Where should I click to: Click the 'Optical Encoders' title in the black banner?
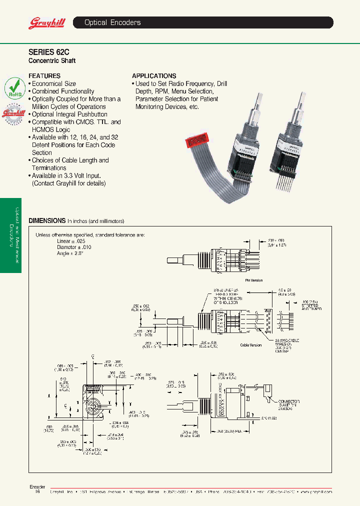pyautogui.click(x=112, y=22)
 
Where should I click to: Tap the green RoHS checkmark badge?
pyautogui.click(x=15, y=88)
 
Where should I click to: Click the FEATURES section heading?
pyautogui.click(x=44, y=76)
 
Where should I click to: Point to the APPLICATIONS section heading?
pyautogui.click(x=154, y=76)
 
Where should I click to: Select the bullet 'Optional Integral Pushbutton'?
pyautogui.click(x=69, y=114)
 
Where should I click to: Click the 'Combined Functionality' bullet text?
pyautogui.click(x=63, y=91)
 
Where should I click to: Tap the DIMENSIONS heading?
pyautogui.click(x=47, y=220)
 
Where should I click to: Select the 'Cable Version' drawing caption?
pyautogui.click(x=251, y=345)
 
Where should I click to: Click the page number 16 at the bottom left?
pyautogui.click(x=37, y=492)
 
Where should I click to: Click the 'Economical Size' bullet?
pyautogui.click(x=54, y=84)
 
